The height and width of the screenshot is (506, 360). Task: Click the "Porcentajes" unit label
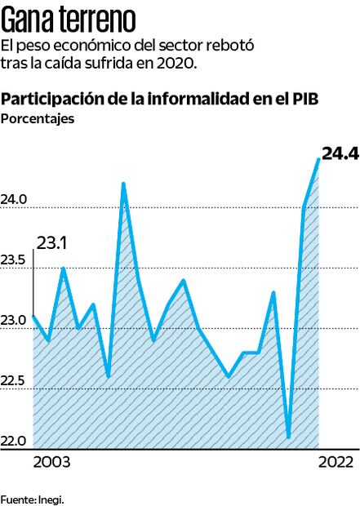pyautogui.click(x=38, y=119)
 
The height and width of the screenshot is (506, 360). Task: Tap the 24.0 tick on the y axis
pyautogui.click(x=15, y=199)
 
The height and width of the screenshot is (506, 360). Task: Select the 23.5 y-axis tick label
pyautogui.click(x=15, y=260)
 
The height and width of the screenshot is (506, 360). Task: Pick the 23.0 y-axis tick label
pyautogui.click(x=15, y=321)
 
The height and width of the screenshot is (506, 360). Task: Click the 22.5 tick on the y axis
pyautogui.click(x=15, y=381)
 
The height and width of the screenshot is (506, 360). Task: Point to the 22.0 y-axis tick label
pyautogui.click(x=15, y=442)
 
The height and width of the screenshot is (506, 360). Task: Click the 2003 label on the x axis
pyautogui.click(x=51, y=463)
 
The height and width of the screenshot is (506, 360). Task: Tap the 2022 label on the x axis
pyautogui.click(x=336, y=463)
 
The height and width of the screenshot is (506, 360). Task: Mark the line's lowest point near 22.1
pyautogui.click(x=289, y=437)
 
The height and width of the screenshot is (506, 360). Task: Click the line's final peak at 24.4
pyautogui.click(x=318, y=158)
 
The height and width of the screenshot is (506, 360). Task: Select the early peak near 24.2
pyautogui.click(x=123, y=183)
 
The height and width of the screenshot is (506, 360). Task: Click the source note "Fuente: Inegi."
pyautogui.click(x=32, y=498)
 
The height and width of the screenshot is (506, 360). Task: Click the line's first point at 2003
pyautogui.click(x=33, y=315)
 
